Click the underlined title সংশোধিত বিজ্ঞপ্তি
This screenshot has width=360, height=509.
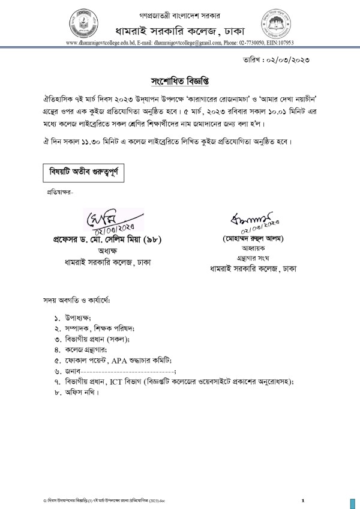180,80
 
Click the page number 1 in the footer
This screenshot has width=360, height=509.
304,500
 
